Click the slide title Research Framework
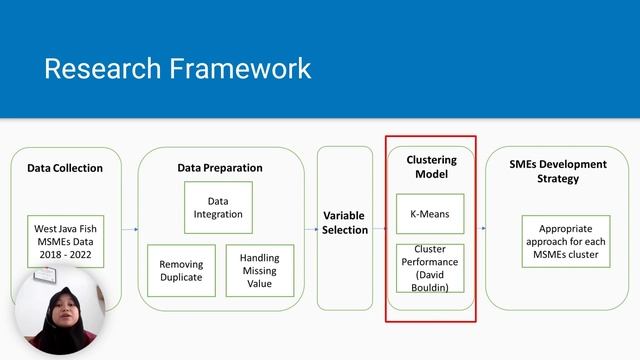(177, 68)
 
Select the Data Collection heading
(65, 168)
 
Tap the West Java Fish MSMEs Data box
(65, 240)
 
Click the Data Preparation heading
(220, 168)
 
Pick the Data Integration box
(218, 207)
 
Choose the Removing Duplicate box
(181, 270)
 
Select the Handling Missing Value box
(260, 270)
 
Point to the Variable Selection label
(344, 222)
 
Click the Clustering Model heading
(431, 166)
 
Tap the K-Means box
(431, 214)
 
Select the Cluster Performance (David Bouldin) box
(431, 269)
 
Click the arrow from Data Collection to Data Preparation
(129, 229)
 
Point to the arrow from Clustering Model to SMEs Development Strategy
(480, 228)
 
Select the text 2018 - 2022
(65, 255)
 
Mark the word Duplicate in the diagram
(181, 278)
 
